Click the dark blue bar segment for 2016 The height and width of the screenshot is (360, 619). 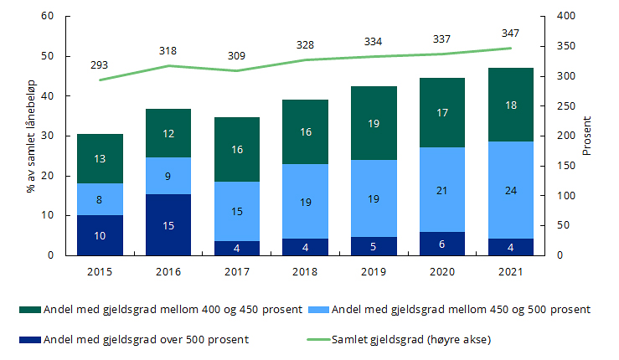pos(168,224)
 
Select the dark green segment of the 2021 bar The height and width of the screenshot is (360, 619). pos(510,105)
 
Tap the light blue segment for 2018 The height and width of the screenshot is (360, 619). pos(306,201)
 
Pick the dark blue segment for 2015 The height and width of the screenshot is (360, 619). pos(100,235)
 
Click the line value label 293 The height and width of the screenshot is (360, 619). pos(100,64)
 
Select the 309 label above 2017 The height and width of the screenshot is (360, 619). pos(237,55)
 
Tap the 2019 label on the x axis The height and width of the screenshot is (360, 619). pos(374,271)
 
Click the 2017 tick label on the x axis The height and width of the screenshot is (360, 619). pos(237,271)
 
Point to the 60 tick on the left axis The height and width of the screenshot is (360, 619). pos(47,17)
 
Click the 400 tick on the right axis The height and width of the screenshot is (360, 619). pos(567,17)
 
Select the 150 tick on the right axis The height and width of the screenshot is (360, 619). pos(567,167)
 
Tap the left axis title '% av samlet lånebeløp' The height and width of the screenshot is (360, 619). pos(31,136)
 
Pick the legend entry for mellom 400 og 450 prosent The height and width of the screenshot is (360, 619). pos(168,310)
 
